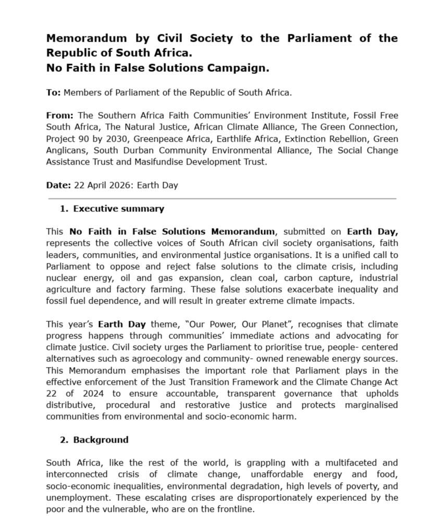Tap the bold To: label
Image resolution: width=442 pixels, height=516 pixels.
(x=54, y=93)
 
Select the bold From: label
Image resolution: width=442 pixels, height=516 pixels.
(x=60, y=116)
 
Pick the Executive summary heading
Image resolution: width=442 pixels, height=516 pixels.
(x=118, y=209)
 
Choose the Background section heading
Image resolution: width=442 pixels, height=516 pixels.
(x=101, y=439)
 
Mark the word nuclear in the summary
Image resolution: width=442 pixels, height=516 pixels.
(x=62, y=278)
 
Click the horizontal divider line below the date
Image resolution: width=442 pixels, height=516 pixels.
(x=222, y=198)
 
